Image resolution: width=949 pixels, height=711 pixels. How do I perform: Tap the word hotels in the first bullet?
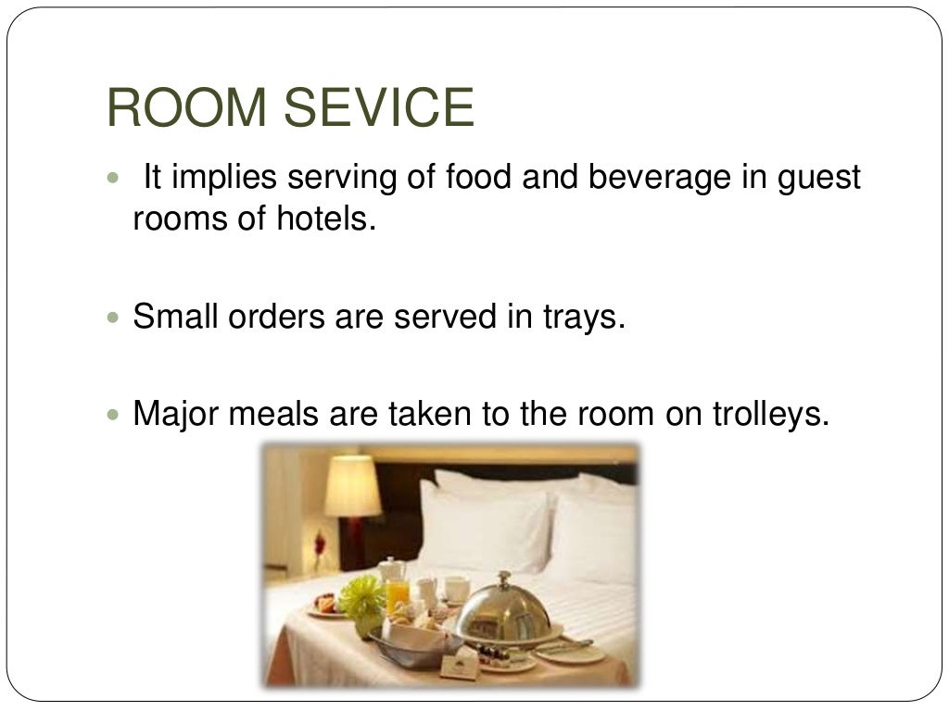point(328,219)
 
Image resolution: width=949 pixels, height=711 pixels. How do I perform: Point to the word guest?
point(816,177)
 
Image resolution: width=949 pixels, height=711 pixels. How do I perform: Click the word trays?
point(582,317)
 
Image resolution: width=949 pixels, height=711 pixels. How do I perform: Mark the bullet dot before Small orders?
point(114,318)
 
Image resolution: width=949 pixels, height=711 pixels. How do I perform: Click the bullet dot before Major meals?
point(114,414)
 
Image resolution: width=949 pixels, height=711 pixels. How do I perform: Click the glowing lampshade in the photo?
point(352,485)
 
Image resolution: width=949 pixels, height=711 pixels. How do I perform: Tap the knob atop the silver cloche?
point(504,579)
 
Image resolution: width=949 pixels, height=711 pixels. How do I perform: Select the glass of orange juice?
point(398,596)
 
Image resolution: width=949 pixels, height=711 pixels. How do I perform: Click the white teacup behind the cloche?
point(455,589)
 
